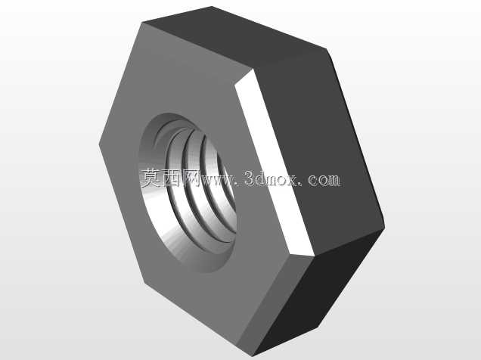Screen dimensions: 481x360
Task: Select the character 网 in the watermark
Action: [191, 178]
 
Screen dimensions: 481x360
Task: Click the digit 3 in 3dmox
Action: [250, 178]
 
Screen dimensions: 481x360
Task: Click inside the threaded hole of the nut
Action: [187, 193]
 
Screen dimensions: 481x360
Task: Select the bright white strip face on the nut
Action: [275, 163]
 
